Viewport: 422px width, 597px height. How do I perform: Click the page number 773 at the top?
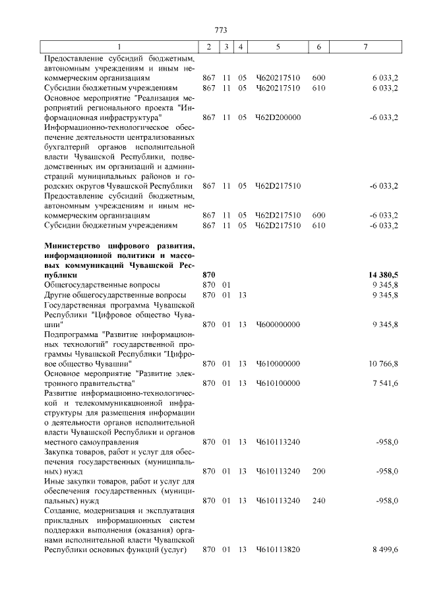(x=221, y=30)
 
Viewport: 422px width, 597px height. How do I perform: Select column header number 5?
(x=278, y=47)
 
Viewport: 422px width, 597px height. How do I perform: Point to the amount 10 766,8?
(x=382, y=363)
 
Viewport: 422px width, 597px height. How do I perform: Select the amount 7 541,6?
(x=384, y=383)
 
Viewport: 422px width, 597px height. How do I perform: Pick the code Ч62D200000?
(x=278, y=117)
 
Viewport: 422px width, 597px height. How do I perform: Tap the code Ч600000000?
(x=278, y=325)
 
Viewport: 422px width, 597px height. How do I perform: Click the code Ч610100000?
(x=278, y=383)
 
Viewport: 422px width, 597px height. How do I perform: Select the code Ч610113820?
(x=278, y=550)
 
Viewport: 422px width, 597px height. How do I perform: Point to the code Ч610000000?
(x=278, y=363)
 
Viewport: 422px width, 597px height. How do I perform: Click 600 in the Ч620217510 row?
(x=318, y=78)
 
